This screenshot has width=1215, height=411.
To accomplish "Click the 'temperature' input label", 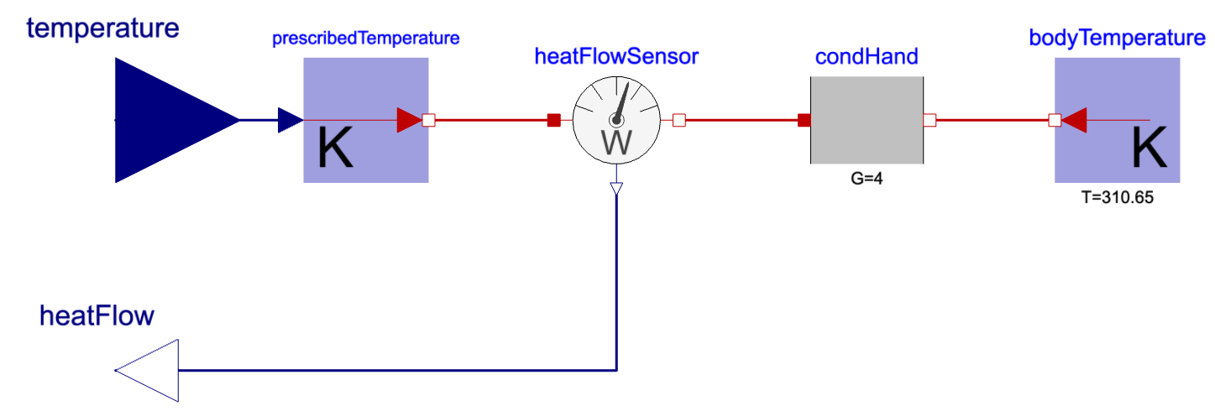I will click(103, 28).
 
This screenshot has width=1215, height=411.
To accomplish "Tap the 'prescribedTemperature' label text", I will click(366, 39).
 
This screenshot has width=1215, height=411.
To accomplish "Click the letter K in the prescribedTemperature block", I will click(335, 151).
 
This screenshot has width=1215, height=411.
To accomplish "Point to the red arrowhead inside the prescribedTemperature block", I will click(409, 120).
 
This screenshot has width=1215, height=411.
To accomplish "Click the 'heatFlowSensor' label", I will click(617, 57).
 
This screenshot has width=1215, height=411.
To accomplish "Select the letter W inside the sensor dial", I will click(617, 142).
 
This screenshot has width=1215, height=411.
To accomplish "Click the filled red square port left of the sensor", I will click(553, 120).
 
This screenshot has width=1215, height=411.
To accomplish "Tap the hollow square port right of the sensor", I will click(679, 120).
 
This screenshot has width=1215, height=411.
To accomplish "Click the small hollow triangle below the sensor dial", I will click(617, 189).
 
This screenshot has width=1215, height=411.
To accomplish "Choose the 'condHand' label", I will click(867, 57).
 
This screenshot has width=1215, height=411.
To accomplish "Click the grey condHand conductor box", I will click(867, 120).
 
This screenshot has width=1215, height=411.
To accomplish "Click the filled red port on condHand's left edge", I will click(804, 120).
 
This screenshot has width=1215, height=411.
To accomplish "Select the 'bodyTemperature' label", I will click(1117, 39).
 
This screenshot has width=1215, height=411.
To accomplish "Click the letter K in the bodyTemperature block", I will click(1150, 149).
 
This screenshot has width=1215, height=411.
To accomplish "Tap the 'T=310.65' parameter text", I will click(1118, 201).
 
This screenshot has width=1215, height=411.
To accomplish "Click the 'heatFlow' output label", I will click(97, 316).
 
